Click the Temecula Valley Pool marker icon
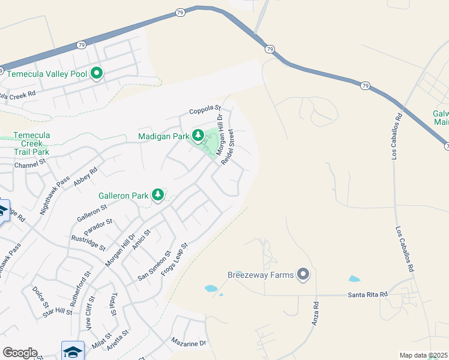(x=97, y=74)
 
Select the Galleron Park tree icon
(x=158, y=195)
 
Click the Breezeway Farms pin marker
(x=304, y=275)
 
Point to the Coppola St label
(x=205, y=110)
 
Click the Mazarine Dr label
(x=188, y=343)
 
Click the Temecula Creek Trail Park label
(x=31, y=143)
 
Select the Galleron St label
(x=91, y=212)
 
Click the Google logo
(x=20, y=353)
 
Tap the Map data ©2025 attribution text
(x=423, y=355)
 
